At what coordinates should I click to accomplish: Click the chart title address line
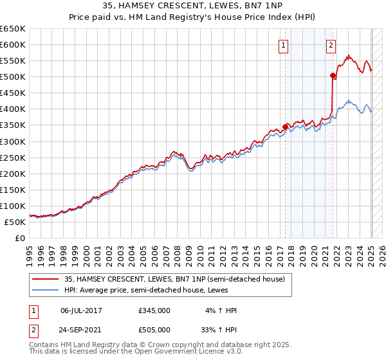193,6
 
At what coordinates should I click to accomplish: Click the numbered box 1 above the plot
284,45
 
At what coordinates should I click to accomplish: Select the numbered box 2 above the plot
331,45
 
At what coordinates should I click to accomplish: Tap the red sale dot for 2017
285,127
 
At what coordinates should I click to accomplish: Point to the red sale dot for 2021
333,76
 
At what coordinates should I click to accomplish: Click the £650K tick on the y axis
13,29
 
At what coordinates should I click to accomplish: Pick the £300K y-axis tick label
13,141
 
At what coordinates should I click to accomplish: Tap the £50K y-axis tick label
15,222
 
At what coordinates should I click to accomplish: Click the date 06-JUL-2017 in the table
81,310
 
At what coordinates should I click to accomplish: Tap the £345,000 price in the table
154,310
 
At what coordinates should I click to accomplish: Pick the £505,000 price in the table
154,330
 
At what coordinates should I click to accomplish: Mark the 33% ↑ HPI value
220,330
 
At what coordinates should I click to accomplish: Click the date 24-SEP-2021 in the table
81,330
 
